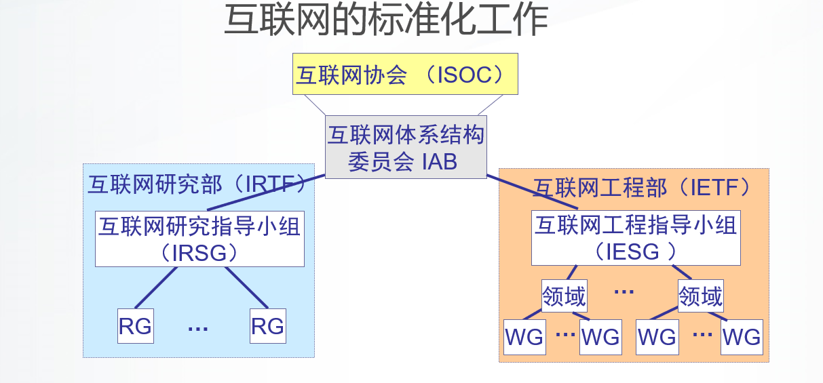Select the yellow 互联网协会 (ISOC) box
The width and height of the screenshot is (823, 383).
tap(405, 74)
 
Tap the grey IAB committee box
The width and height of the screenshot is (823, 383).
tap(406, 147)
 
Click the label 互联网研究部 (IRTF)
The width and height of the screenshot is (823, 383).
tap(197, 184)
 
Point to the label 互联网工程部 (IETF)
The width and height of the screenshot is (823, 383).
tap(641, 187)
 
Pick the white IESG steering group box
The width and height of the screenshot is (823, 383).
tap(635, 237)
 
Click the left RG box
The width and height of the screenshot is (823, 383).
tap(135, 326)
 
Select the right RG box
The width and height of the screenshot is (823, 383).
tap(267, 326)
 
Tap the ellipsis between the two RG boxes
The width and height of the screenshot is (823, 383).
tap(197, 329)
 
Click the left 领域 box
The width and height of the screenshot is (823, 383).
tap(564, 296)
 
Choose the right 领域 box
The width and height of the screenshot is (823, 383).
tap(701, 296)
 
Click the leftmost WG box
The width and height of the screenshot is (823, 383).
tap(524, 336)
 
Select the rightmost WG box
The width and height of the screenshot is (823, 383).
tap(742, 336)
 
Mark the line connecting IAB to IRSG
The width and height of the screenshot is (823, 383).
tap(266, 193)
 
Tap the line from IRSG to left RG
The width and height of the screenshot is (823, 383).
tap(155, 287)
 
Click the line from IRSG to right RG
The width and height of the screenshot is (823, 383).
tap(246, 287)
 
